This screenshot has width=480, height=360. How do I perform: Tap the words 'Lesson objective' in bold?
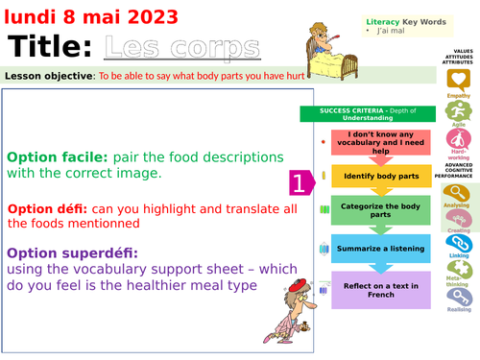pyautogui.click(x=49, y=75)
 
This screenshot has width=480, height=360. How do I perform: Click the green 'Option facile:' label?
pyautogui.click(x=58, y=156)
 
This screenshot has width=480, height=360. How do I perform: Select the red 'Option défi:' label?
pyautogui.click(x=49, y=208)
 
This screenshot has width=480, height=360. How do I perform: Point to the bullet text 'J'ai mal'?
pyautogui.click(x=396, y=32)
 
